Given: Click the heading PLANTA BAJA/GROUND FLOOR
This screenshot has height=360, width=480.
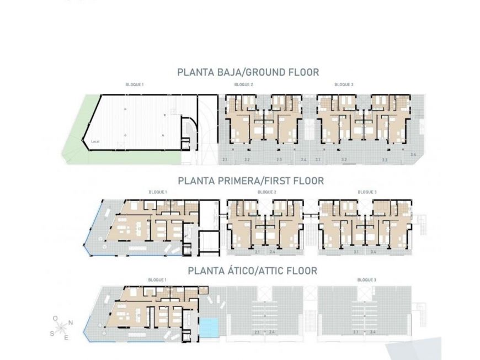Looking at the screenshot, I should [x=248, y=72].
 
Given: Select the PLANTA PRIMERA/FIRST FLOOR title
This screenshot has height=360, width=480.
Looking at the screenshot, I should [x=250, y=181].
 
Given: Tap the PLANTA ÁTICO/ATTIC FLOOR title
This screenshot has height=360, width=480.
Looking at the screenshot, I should [x=252, y=271].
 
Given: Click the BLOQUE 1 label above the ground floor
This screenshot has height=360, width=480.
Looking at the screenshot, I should [x=135, y=84].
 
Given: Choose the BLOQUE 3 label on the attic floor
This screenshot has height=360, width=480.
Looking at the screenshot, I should [x=367, y=280].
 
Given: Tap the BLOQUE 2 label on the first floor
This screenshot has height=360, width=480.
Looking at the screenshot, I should [x=266, y=192].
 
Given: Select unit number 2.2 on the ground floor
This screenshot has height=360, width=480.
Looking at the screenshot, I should [x=247, y=160].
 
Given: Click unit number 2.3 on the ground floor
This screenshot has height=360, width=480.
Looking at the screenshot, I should [x=279, y=160].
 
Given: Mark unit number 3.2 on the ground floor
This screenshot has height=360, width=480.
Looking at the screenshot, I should [x=344, y=160].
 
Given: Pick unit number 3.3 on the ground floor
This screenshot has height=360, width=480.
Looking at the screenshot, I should [x=385, y=160].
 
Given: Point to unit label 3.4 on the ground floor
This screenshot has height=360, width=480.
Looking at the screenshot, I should [x=413, y=155].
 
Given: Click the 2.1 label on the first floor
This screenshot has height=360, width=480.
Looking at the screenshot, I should [x=258, y=252].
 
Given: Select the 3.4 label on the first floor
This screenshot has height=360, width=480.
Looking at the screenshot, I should [x=374, y=252].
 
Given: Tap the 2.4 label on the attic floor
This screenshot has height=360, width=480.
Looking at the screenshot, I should [x=271, y=332].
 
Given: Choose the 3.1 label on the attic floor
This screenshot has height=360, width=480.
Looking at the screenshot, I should [x=356, y=332].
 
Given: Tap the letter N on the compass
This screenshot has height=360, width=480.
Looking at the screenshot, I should [x=70, y=324].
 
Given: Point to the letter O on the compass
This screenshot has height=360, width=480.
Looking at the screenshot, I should [x=55, y=319].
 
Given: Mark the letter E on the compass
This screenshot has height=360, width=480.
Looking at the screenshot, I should [x=66, y=337].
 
